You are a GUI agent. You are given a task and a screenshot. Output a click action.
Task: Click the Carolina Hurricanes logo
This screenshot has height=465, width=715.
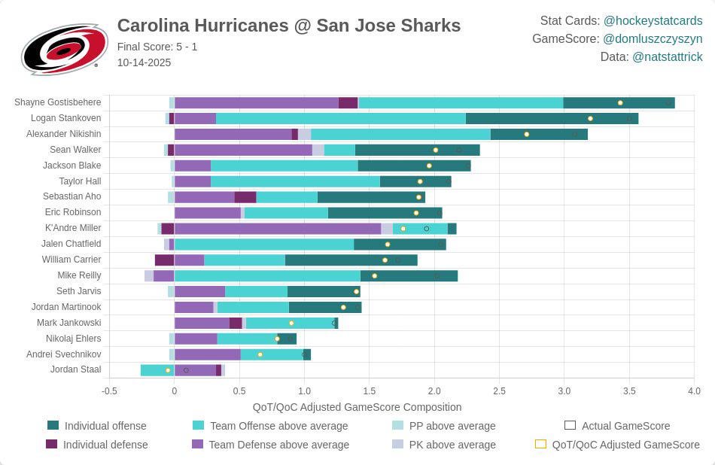click(x=64, y=49)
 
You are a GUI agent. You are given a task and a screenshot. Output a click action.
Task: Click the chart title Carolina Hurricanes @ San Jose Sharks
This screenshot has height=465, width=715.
click(x=288, y=26)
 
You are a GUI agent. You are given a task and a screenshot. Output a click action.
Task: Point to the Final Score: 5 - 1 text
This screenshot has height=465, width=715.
click(x=157, y=47)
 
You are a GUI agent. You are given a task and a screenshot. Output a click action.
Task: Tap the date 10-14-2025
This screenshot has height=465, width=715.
click(x=144, y=62)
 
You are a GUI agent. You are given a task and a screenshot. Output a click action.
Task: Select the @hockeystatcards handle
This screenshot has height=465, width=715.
click(x=653, y=20)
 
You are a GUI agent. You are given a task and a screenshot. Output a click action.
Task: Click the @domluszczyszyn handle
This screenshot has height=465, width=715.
click(x=653, y=38)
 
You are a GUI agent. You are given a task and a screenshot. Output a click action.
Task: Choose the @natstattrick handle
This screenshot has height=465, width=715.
click(x=667, y=56)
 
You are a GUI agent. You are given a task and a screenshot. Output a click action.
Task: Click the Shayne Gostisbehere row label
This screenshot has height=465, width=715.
click(x=57, y=102)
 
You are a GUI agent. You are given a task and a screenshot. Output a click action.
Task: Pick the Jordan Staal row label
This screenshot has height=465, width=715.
click(x=75, y=369)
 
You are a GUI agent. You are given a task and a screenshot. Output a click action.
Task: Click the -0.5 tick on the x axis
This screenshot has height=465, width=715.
click(x=109, y=391)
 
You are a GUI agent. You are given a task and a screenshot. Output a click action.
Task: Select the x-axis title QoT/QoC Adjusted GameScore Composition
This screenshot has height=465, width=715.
click(x=357, y=407)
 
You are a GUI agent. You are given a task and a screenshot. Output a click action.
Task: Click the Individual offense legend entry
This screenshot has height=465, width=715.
click(x=105, y=426)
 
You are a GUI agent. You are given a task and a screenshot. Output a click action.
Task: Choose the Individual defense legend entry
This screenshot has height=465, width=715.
click(x=105, y=445)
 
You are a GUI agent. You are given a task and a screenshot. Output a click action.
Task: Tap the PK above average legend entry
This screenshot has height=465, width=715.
click(x=452, y=445)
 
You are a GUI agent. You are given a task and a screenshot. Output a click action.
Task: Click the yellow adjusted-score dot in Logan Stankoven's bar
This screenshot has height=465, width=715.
click(x=590, y=118)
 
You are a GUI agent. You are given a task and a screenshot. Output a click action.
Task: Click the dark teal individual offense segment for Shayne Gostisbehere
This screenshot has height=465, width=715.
click(x=619, y=103)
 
